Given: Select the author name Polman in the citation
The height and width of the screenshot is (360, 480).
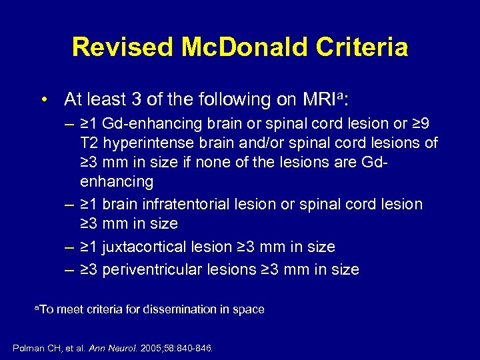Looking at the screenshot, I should point(28,347).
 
